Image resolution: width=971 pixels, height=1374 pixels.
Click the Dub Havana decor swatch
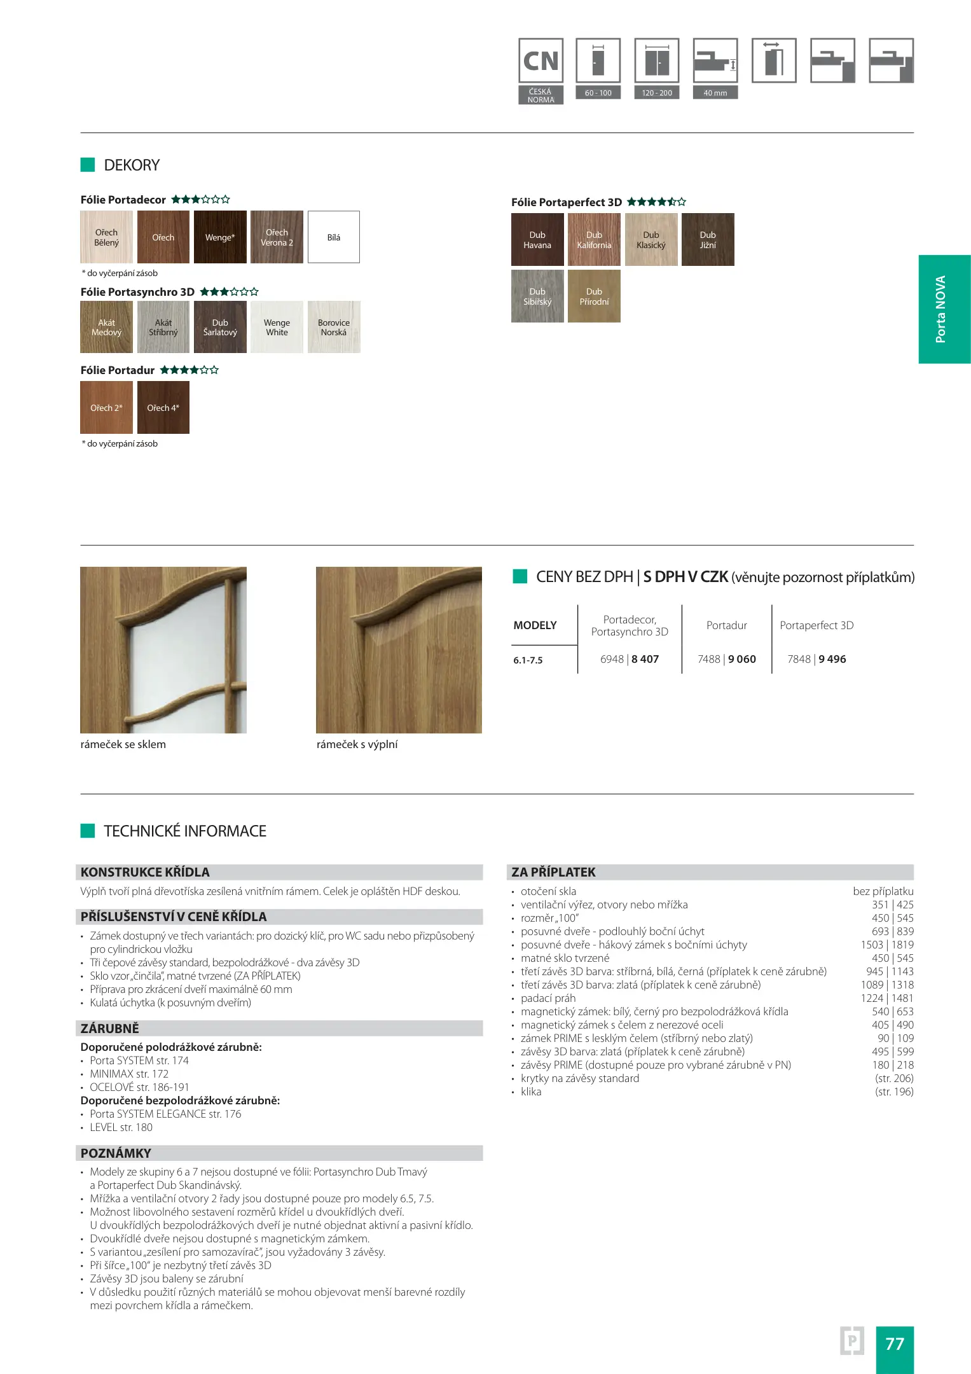point(537,239)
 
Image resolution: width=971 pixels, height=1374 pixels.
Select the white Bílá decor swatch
point(334,237)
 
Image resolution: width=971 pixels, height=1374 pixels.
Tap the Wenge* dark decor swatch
point(220,237)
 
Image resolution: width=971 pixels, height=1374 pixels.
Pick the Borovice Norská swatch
point(334,327)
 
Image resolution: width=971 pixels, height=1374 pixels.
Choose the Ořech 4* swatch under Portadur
point(163,408)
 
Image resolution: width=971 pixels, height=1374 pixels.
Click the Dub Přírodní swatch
point(594,296)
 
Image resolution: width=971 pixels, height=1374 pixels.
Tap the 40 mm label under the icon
point(715,93)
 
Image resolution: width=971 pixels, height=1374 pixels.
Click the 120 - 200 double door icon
point(657,61)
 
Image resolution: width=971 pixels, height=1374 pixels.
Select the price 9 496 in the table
point(832,659)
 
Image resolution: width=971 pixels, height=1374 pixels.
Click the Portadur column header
point(727,625)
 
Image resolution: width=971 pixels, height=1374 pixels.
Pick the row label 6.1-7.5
point(528,660)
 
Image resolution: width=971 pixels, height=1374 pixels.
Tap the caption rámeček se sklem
point(123,744)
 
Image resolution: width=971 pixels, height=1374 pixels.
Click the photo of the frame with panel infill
point(399,649)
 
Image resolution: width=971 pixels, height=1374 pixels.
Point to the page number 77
point(895,1344)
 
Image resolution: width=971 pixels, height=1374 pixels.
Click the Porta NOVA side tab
point(944,309)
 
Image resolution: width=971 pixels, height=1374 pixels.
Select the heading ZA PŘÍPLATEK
point(554,872)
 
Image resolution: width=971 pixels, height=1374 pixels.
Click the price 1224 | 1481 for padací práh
point(887,998)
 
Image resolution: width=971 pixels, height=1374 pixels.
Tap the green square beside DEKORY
point(88,165)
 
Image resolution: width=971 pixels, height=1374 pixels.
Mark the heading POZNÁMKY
point(116,1153)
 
